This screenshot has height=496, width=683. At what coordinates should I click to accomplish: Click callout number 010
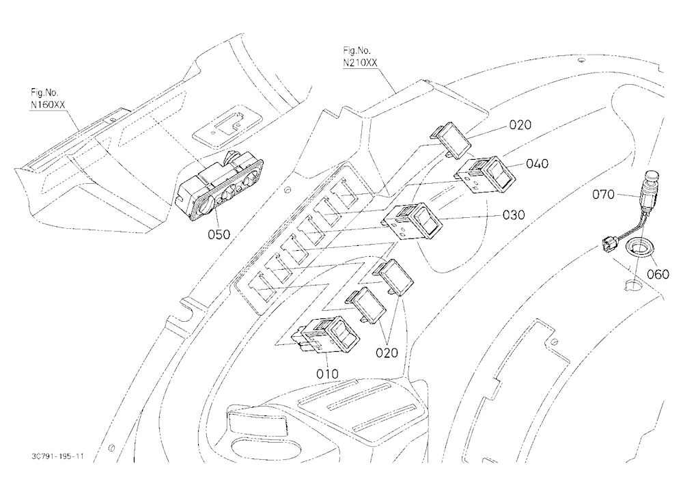point(327,374)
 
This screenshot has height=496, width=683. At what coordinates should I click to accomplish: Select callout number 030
point(514,215)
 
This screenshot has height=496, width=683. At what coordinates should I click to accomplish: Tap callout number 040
point(537,164)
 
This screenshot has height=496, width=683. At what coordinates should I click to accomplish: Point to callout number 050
point(219,234)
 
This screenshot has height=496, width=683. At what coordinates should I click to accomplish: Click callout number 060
point(658,274)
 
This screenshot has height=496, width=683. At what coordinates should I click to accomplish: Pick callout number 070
point(603,195)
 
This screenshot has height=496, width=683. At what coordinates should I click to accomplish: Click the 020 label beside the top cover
point(520,125)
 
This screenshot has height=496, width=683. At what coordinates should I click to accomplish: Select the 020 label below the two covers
point(387,353)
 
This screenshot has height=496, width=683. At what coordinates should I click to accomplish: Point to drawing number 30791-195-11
point(57,456)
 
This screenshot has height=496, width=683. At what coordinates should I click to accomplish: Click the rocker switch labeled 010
point(325,333)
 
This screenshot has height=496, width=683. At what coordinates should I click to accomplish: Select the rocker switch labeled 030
point(413,221)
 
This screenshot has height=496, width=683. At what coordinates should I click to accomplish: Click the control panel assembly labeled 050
point(219,184)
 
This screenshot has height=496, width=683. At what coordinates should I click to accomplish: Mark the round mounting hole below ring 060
point(633,284)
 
